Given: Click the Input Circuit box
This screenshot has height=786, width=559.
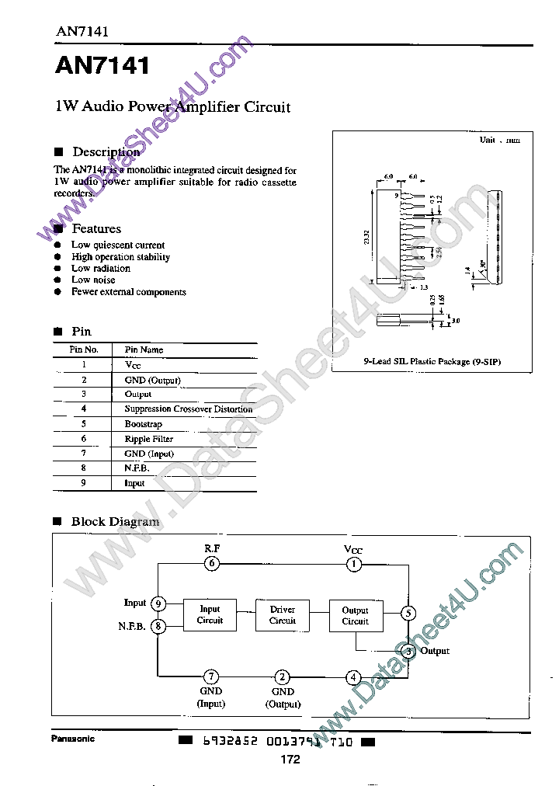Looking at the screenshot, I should click(x=210, y=615).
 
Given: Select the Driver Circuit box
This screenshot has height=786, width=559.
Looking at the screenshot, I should click(x=283, y=615).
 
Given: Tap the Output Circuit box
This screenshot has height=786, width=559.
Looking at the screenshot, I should click(x=355, y=615).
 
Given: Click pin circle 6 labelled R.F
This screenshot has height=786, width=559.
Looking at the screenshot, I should click(x=212, y=565).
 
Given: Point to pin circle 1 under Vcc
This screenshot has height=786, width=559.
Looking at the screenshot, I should click(x=353, y=565).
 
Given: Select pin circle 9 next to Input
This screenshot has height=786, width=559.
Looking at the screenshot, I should click(x=158, y=603).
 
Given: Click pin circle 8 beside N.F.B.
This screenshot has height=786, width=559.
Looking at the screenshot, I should click(x=158, y=626).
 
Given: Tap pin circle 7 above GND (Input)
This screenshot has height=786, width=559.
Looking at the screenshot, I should click(x=211, y=676).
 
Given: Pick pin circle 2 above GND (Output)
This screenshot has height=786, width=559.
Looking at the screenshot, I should click(x=283, y=676).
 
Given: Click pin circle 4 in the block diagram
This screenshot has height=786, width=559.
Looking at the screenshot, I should click(x=353, y=676).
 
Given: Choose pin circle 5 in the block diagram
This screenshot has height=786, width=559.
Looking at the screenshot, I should click(x=408, y=614).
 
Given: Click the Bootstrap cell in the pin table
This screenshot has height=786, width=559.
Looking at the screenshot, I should click(x=144, y=424).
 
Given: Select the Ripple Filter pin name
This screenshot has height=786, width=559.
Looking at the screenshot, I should click(x=148, y=439).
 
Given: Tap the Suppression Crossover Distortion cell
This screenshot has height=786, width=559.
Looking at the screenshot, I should click(x=188, y=409).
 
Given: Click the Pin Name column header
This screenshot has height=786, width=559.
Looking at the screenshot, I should click(x=144, y=350).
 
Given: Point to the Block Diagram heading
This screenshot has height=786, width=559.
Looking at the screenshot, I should click(x=115, y=522).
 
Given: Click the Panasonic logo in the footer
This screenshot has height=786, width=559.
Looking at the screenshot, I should click(x=73, y=739).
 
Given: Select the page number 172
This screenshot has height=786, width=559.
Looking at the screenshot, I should click(x=290, y=760).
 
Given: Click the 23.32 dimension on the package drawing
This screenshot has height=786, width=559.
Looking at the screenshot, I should click(x=366, y=237).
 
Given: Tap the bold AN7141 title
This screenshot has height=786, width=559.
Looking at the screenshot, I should click(x=102, y=66).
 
